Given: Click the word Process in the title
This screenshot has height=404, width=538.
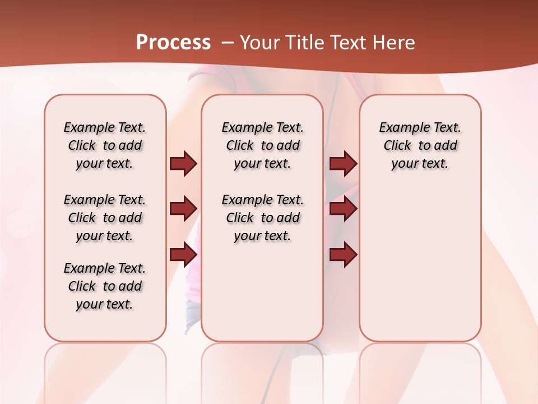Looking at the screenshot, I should tap(173, 43).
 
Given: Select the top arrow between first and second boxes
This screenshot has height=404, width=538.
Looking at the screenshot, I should tap(183, 163).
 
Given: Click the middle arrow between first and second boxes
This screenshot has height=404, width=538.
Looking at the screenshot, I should tap(183, 209).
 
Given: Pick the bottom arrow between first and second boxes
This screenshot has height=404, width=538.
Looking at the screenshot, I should tap(183, 255).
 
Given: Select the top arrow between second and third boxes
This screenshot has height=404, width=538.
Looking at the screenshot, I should tap(343, 163).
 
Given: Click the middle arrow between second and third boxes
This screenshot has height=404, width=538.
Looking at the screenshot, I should tap(343, 209).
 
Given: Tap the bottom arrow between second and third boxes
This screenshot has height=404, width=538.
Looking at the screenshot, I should tap(343, 255).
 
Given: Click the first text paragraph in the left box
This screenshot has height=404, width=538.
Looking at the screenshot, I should tap(105, 145).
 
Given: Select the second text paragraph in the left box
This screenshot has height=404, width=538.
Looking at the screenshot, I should tap(105, 218).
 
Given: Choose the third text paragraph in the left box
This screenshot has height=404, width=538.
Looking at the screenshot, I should tap(105, 286).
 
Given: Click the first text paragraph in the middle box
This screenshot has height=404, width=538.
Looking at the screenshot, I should tap(262, 145).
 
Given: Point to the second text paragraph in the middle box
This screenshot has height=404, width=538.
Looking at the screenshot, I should tap(262, 218).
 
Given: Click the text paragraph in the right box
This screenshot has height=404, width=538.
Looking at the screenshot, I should tap(420, 145).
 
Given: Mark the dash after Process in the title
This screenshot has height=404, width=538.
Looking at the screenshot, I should tap(228, 43).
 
